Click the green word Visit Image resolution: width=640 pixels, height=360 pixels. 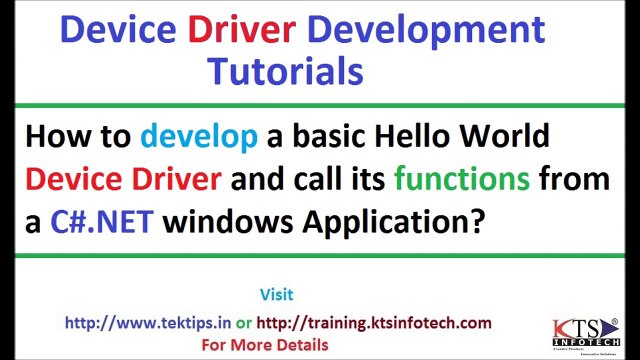[x=276, y=295]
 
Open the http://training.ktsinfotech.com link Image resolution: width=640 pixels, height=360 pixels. [x=374, y=322]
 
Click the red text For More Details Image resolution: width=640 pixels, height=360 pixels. [x=265, y=345]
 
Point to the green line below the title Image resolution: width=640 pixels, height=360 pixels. [x=320, y=103]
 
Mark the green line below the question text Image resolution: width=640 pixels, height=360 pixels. [x=320, y=256]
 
